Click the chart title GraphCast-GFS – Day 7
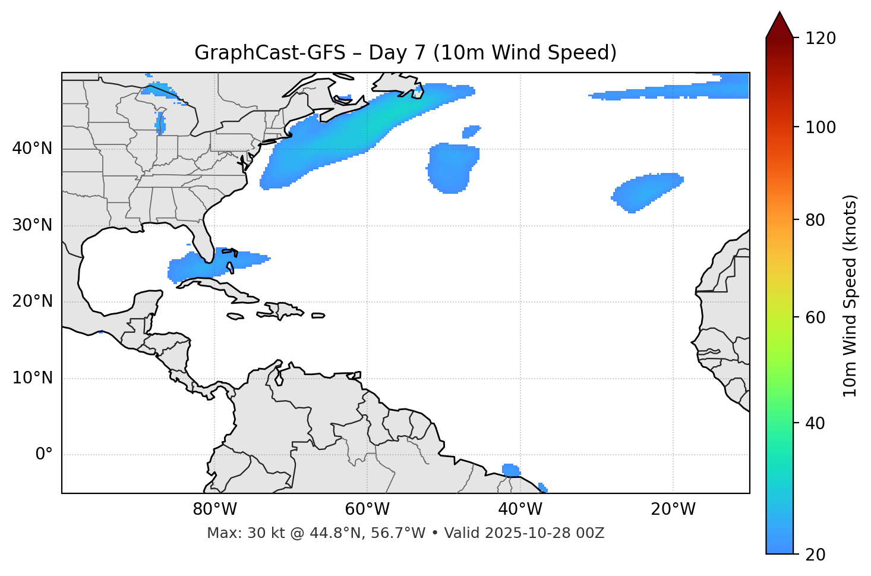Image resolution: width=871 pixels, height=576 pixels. (405, 53)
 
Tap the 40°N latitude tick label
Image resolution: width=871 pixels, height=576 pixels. (32, 148)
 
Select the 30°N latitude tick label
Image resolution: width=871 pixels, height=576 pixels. (32, 225)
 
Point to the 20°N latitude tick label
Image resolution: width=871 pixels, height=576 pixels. (32, 301)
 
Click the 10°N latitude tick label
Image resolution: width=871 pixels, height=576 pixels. (32, 378)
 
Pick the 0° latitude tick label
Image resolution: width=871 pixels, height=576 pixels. (44, 455)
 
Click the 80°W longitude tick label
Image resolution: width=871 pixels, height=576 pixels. (214, 509)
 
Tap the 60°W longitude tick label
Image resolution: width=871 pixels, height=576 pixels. (367, 509)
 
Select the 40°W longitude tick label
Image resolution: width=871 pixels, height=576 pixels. (520, 509)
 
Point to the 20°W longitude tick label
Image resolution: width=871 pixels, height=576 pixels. (673, 509)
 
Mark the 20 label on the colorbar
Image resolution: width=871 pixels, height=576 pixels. (815, 555)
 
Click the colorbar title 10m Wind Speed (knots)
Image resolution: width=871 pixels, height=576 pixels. (850, 295)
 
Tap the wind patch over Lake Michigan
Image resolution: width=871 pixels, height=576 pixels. (160, 122)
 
